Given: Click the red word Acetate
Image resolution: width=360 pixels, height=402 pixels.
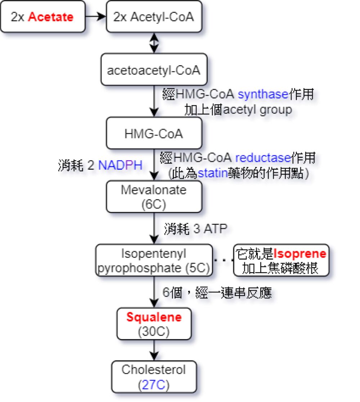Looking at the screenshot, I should [50, 17].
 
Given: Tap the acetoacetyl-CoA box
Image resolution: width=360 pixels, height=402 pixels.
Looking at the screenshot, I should [154, 70].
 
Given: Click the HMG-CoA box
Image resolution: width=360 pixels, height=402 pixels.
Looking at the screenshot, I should [154, 134].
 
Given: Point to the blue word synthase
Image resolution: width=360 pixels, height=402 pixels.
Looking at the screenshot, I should [263, 95].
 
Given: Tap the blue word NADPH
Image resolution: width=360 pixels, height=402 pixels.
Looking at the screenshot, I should [120, 165].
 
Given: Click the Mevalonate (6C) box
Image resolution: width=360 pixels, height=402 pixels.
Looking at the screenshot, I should [154, 197].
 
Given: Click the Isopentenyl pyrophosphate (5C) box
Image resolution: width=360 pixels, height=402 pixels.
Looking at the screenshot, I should [154, 261].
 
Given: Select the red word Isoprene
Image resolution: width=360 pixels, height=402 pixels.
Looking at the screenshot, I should [300, 254].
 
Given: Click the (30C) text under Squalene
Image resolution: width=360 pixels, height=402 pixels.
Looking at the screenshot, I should [154, 332].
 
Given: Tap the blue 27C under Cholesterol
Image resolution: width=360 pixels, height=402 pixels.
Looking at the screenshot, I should [154, 385].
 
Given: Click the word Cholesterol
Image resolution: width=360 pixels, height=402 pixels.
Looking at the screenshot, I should [154, 370].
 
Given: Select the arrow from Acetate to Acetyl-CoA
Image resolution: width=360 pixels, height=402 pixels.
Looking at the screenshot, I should [96, 17].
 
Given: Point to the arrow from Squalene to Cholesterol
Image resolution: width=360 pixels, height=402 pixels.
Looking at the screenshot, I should [154, 350].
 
